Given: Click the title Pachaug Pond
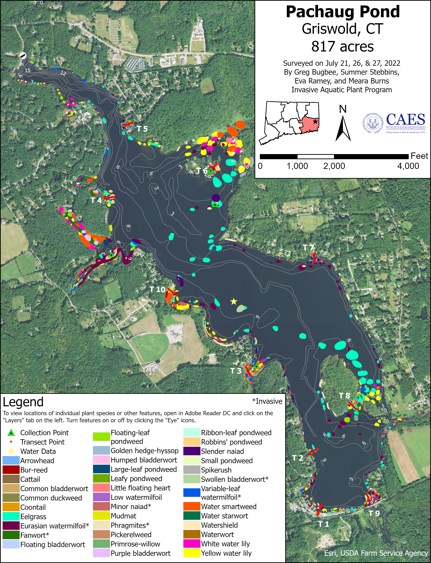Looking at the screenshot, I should point(343,12).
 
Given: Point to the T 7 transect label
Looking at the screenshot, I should point(308,248).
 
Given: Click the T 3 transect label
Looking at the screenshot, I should point(236,371).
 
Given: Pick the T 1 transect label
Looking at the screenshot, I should point(324,524).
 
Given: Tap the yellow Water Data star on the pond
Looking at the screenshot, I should point(233,302).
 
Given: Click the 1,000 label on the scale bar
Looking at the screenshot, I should point(297,166).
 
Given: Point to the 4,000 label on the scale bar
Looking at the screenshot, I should point(408,166).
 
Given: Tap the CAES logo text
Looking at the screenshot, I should point(405,120).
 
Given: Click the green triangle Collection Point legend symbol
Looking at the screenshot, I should point(11,433).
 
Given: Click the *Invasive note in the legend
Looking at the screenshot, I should point(267,401).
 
